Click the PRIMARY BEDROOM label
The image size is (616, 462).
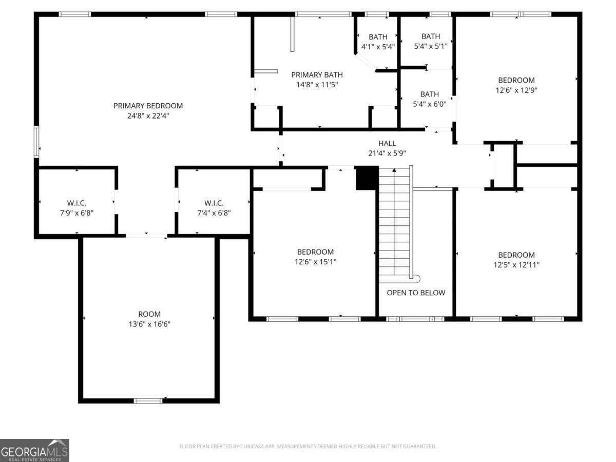coord(148,106)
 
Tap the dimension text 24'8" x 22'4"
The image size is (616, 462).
coord(148,116)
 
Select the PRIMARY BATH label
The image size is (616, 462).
coord(317,75)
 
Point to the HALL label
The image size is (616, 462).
coord(387,143)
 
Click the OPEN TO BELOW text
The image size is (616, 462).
coord(416,293)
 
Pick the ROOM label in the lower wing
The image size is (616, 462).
coord(149,314)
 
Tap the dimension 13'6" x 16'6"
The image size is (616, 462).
coord(149,324)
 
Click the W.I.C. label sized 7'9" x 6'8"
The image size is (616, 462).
coord(76,203)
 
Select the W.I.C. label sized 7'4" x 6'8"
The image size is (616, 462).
coord(214,203)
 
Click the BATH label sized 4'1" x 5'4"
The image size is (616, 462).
coord(378,37)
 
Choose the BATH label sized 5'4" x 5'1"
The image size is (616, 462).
coord(431,36)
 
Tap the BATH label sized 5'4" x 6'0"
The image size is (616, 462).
coord(430,94)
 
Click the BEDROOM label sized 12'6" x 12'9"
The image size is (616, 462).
coord(516,80)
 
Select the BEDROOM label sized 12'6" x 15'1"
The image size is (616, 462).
coord(315,252)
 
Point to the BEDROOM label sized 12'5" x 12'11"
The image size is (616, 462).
coord(516,255)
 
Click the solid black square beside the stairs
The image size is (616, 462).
coord(367,178)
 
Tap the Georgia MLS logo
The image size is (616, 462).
coord(34,450)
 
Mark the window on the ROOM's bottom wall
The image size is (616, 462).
coord(148,400)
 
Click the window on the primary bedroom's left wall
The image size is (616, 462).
coord(36,141)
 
